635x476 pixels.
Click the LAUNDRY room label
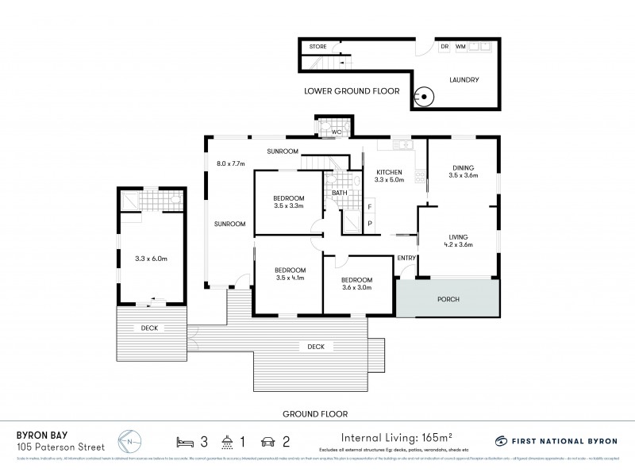pos(464,79)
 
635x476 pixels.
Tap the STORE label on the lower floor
pos(317,47)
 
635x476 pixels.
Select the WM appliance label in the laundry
pos(460,47)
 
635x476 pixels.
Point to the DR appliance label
pos(444,47)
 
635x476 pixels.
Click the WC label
pos(337,132)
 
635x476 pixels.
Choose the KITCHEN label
pos(390,172)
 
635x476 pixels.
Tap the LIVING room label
pos(459,236)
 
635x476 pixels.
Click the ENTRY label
pos(406,258)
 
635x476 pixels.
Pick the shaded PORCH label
pos(448,298)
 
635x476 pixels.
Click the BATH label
pos(339,193)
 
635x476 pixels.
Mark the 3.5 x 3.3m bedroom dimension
pos(288,207)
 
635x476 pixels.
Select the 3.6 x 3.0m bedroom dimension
pos(356,289)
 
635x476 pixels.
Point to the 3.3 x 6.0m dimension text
pos(151,258)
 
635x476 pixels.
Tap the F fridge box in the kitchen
pos(370,207)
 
